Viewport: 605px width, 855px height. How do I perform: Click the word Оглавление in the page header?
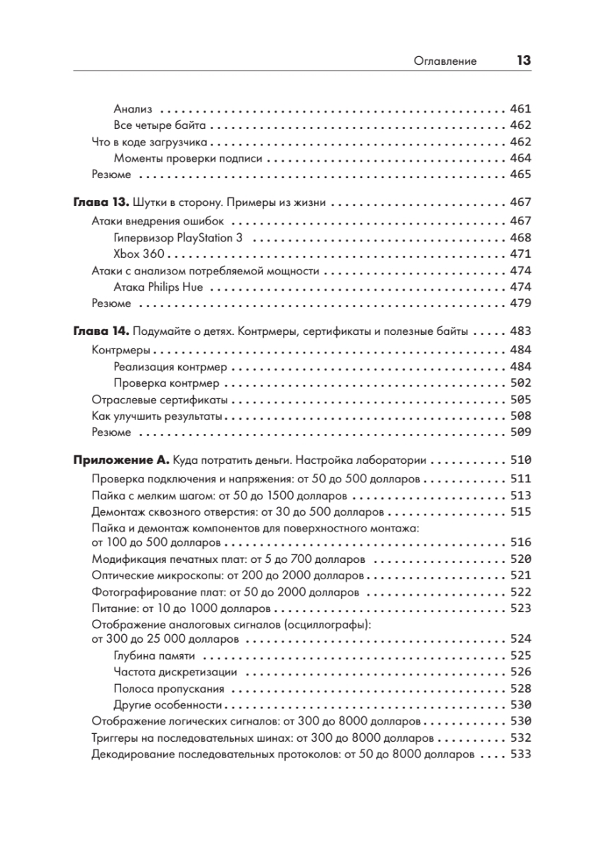(x=445, y=61)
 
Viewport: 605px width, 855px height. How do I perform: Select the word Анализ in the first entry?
(x=133, y=110)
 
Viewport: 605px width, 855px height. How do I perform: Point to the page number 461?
(x=521, y=110)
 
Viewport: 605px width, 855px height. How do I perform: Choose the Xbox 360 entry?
(x=134, y=254)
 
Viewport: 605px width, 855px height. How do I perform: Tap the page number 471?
(x=521, y=254)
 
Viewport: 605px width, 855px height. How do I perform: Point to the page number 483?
(x=521, y=331)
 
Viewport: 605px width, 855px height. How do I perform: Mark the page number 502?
(x=521, y=383)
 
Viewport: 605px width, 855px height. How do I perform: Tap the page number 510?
(x=521, y=460)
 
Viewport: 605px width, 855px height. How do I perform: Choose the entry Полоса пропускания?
(x=169, y=689)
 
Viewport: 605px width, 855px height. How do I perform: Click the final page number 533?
(x=521, y=755)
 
